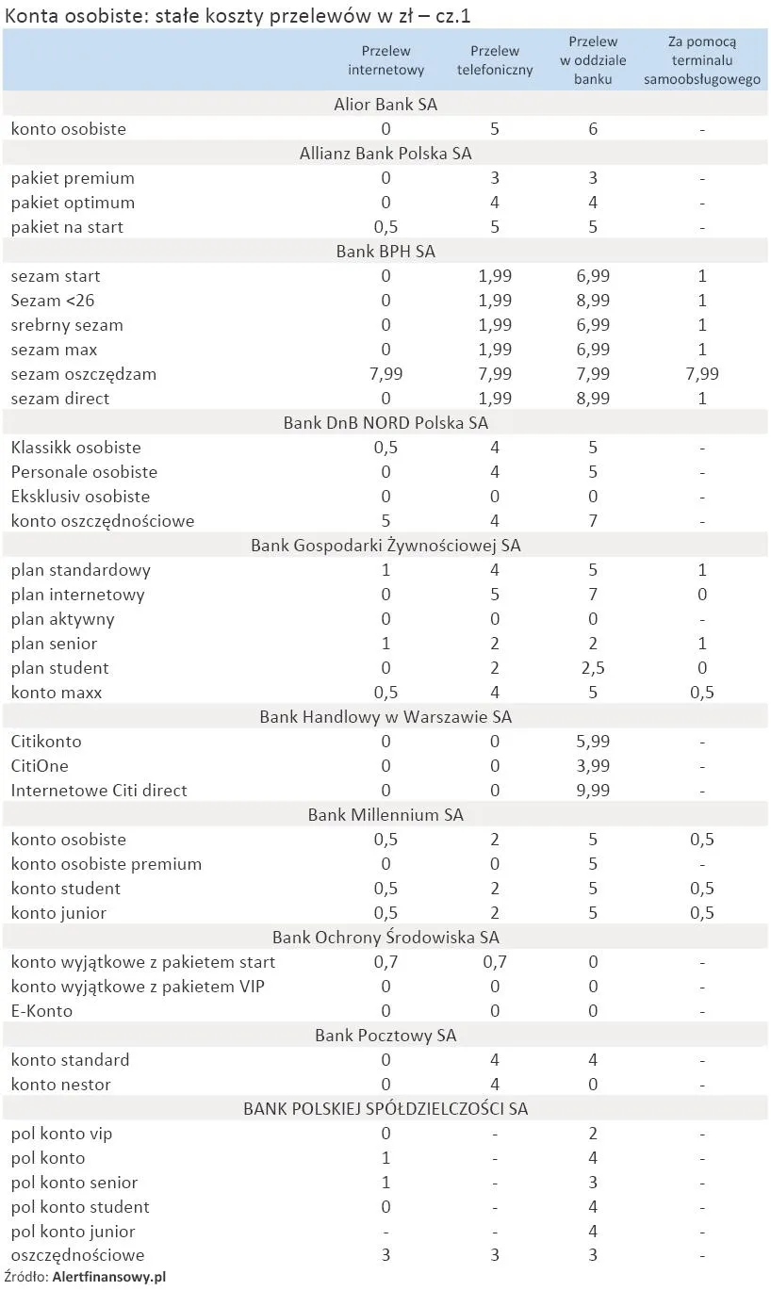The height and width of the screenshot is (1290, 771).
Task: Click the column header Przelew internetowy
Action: (386, 60)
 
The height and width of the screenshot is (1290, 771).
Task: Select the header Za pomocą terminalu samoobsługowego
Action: (702, 60)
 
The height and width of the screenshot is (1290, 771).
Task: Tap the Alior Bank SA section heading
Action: (385, 104)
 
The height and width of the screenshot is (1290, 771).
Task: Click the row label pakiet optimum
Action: (73, 203)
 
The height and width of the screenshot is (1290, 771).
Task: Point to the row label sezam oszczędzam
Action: (84, 374)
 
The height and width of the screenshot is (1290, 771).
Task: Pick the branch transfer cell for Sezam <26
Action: (593, 301)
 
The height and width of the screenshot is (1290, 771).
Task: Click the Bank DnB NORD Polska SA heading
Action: (385, 423)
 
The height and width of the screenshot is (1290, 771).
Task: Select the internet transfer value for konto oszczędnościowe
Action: (386, 521)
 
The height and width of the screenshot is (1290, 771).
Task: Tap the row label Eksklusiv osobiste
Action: (80, 497)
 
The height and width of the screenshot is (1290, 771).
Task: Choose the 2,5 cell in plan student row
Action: (593, 668)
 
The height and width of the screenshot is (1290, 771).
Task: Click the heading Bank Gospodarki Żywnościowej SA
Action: (385, 546)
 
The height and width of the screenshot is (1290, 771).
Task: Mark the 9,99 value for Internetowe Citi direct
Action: (593, 791)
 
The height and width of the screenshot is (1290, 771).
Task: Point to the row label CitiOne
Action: (40, 766)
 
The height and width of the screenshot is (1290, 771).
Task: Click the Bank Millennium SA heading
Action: (385, 815)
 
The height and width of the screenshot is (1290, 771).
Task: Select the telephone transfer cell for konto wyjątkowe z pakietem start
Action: (495, 962)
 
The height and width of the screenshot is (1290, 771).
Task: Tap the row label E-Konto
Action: (41, 1011)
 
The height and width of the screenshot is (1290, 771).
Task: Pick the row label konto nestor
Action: (60, 1085)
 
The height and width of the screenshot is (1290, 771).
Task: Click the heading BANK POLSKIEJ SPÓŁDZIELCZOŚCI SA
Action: (385, 1109)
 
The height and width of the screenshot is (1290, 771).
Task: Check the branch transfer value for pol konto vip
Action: (593, 1134)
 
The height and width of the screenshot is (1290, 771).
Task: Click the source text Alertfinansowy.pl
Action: (109, 1278)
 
